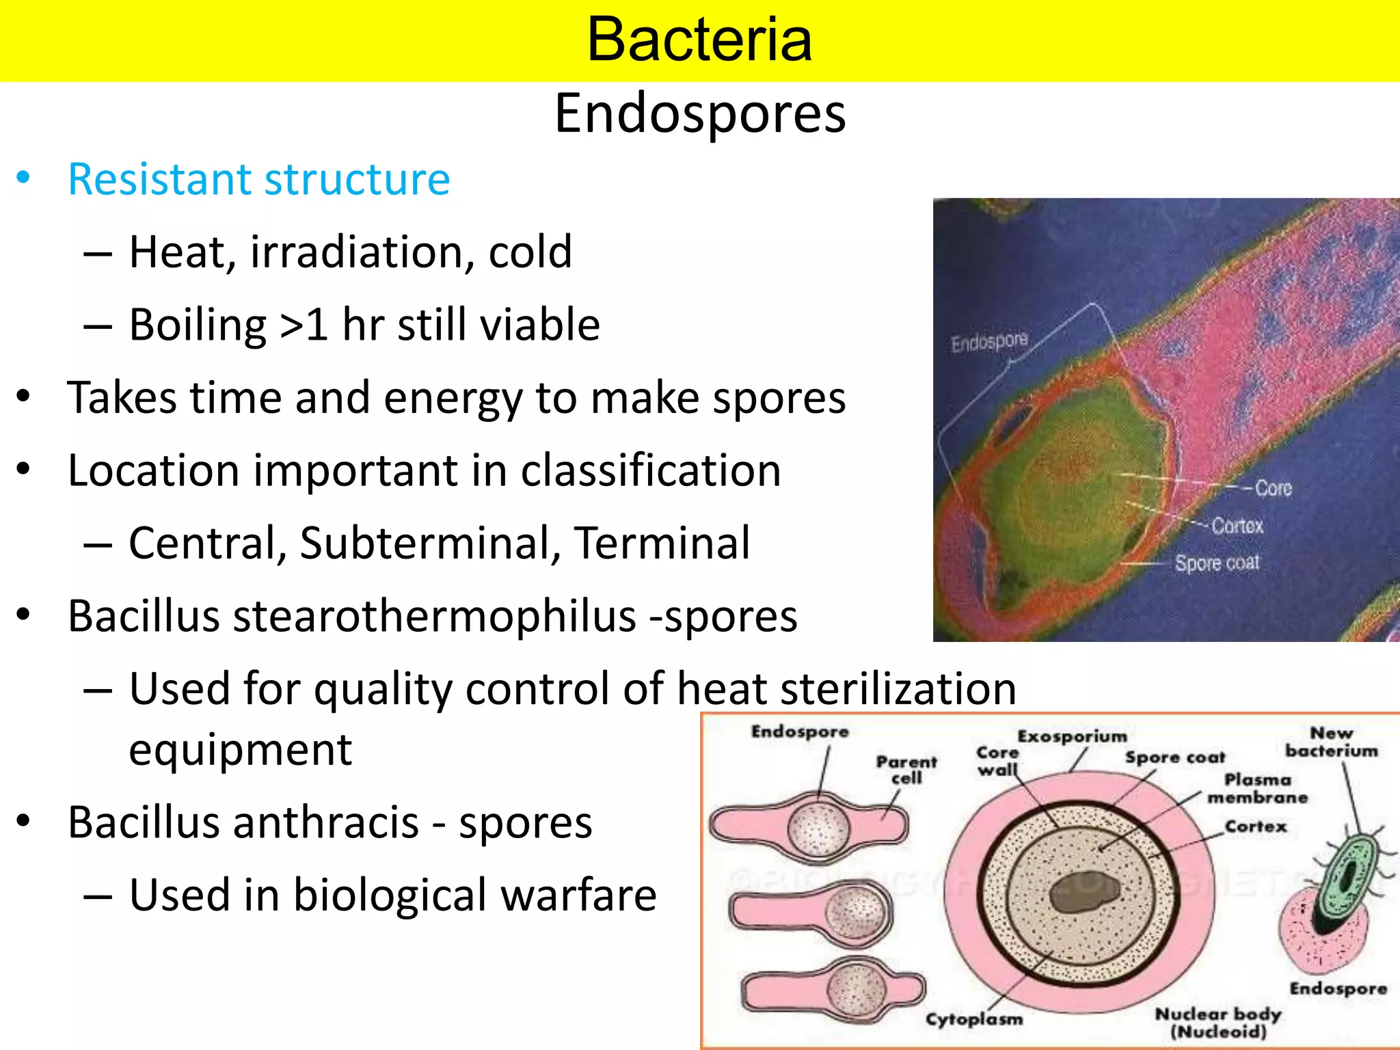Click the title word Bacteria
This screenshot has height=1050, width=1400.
tap(699, 40)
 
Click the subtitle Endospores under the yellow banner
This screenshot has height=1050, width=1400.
tap(699, 113)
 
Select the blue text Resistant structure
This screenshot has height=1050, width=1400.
tap(259, 180)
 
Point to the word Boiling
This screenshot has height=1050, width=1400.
tap(198, 325)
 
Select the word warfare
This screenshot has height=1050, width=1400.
tap(576, 895)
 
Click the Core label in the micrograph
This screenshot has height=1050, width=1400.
tap(1274, 488)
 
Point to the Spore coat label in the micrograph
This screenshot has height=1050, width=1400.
tap(1217, 563)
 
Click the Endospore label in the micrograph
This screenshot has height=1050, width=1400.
tap(989, 341)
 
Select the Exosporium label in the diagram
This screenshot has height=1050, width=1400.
tap(1072, 736)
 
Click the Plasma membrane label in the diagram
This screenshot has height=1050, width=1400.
tap(1257, 788)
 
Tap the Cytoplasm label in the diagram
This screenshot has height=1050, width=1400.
tap(974, 1019)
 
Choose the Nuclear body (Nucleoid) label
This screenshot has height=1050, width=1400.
tap(1217, 1022)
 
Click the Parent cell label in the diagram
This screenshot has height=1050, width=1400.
tap(906, 770)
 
